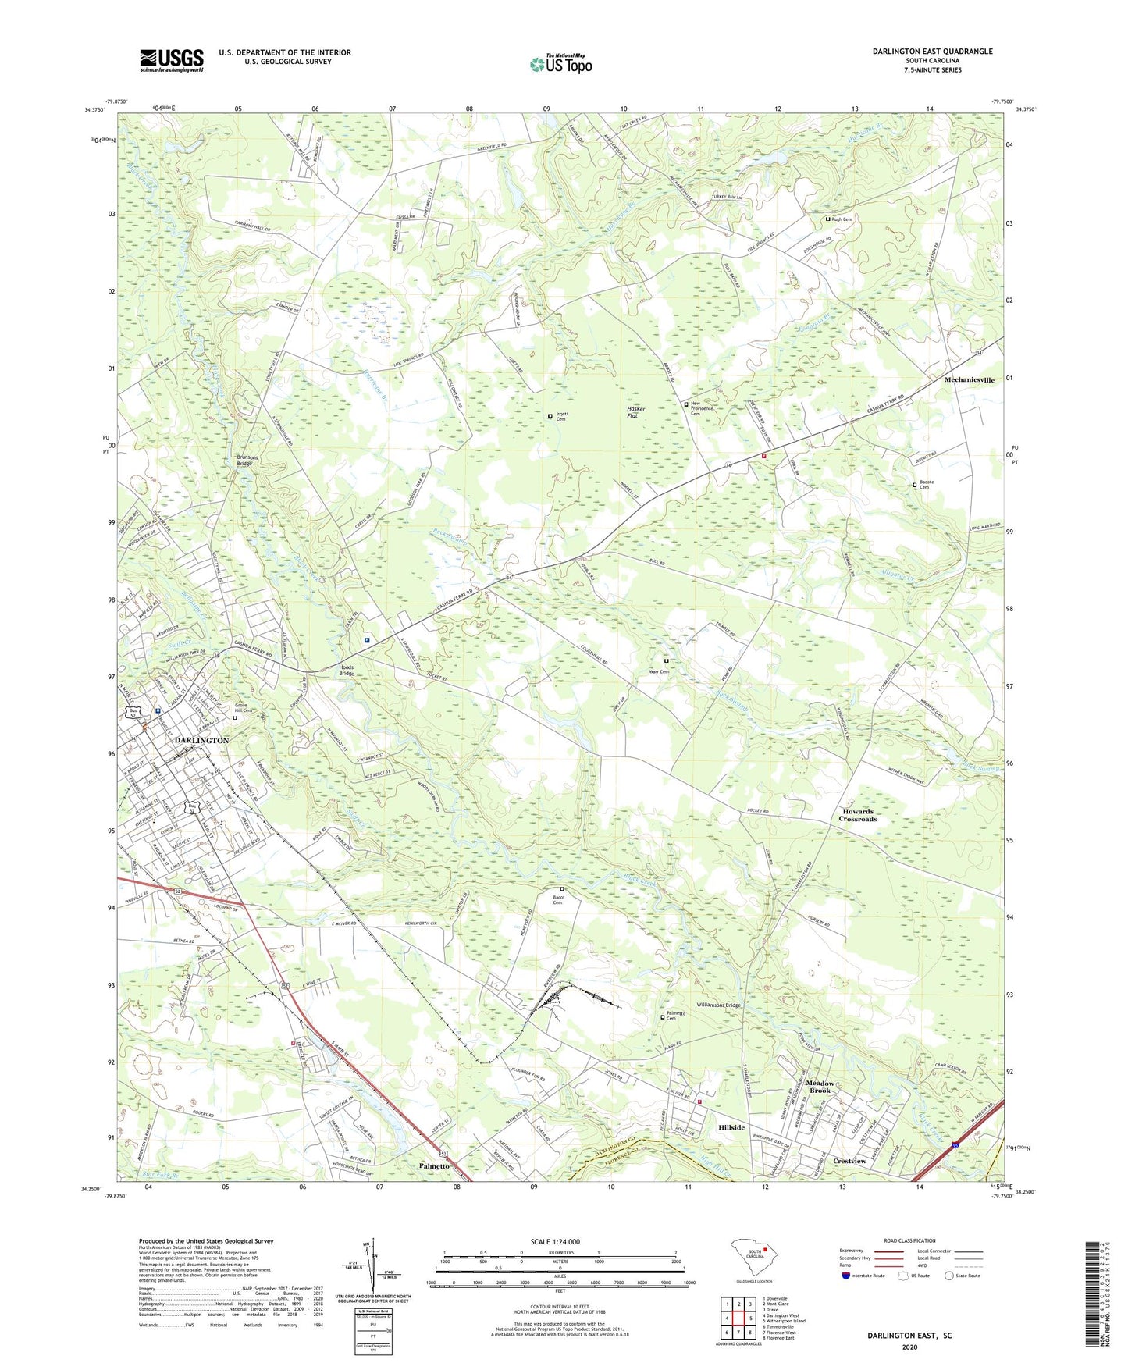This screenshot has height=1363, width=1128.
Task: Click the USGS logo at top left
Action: click(x=171, y=60)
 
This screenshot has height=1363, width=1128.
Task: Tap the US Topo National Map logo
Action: click(x=560, y=64)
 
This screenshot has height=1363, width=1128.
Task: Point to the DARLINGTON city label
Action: click(x=201, y=740)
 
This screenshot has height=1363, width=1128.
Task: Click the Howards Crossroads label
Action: click(x=858, y=815)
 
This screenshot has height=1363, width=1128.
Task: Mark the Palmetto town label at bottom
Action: click(x=433, y=1165)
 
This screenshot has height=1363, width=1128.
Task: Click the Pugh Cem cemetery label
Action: click(x=842, y=219)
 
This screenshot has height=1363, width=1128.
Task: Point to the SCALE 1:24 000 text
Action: click(x=555, y=1241)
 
